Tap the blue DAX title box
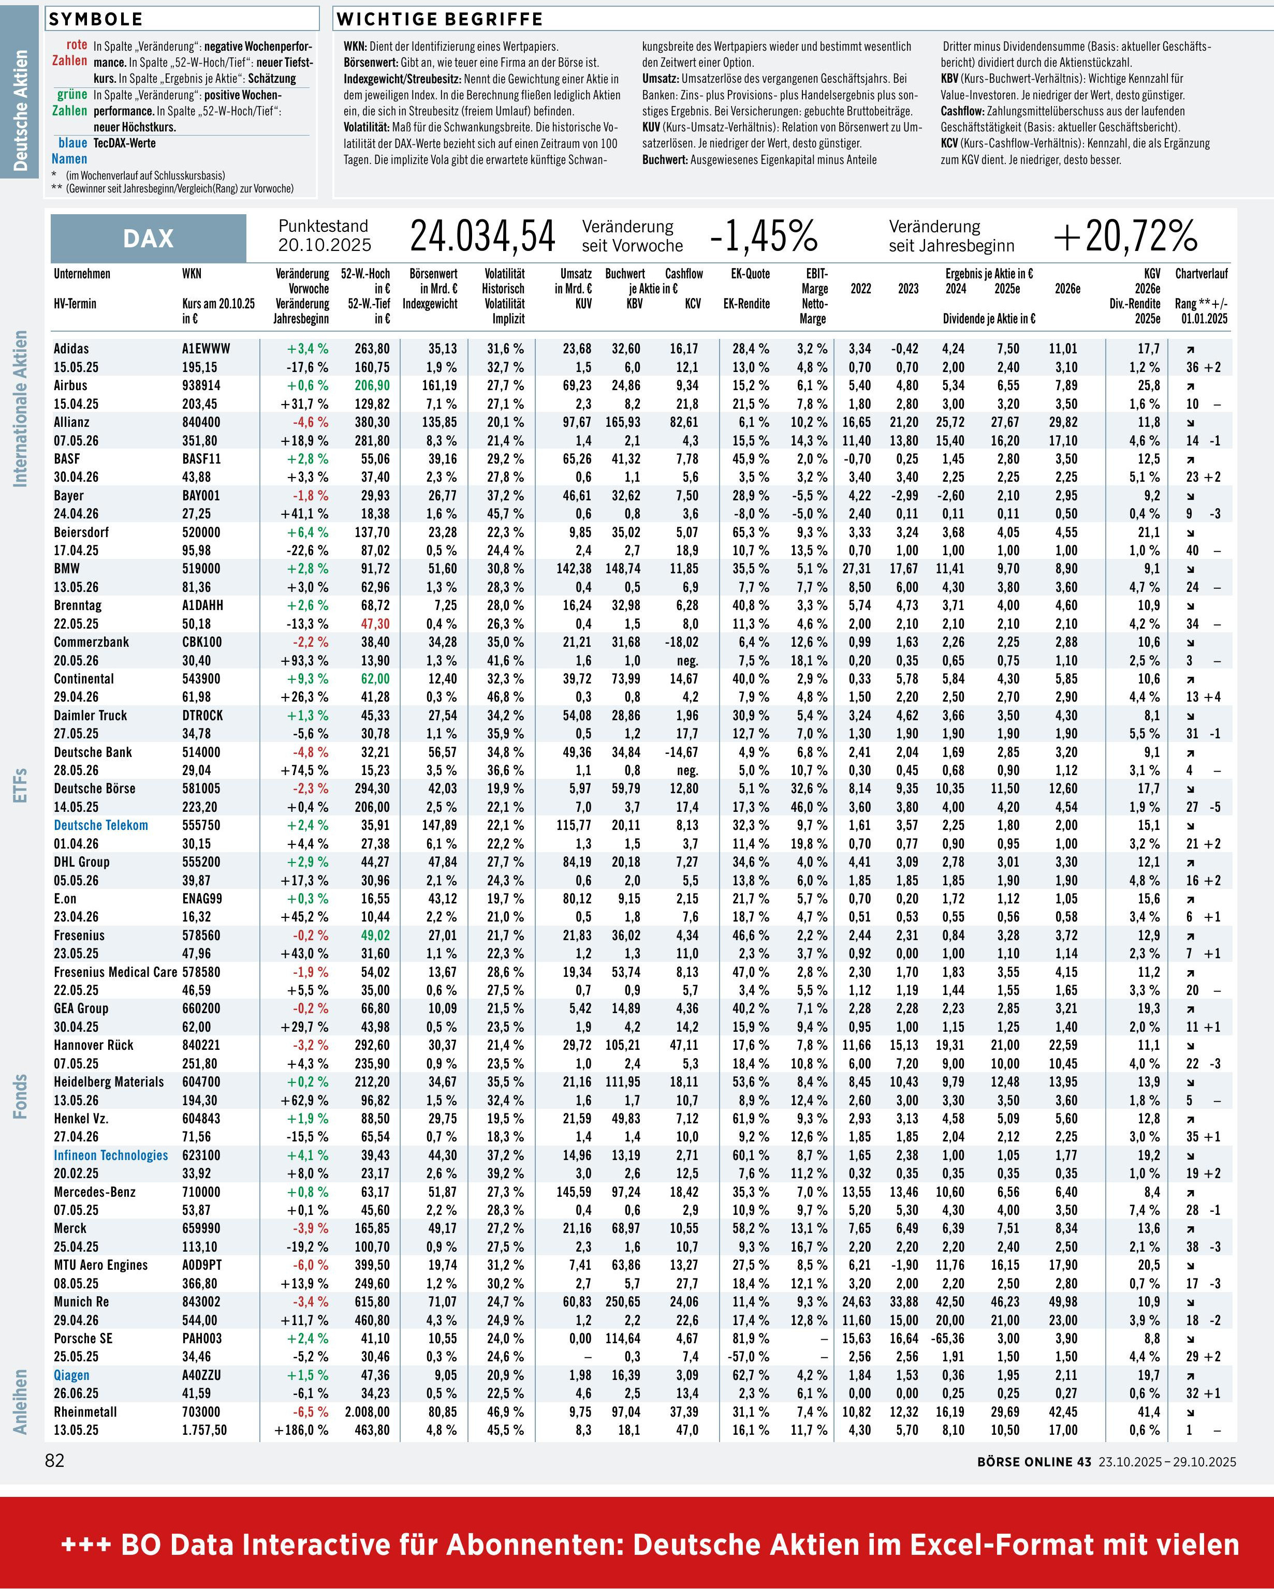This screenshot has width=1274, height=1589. (148, 238)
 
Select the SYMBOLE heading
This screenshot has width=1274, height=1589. (96, 19)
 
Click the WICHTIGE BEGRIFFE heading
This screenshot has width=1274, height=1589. (440, 19)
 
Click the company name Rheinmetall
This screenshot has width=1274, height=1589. (85, 1412)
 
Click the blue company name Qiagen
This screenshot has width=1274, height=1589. (71, 1375)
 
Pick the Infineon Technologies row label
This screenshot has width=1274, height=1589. (111, 1155)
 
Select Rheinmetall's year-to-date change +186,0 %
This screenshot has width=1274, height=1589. (301, 1430)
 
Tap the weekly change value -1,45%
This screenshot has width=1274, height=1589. (763, 236)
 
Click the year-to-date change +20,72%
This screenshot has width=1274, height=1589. (1125, 236)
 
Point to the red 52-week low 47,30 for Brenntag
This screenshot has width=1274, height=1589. (375, 623)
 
